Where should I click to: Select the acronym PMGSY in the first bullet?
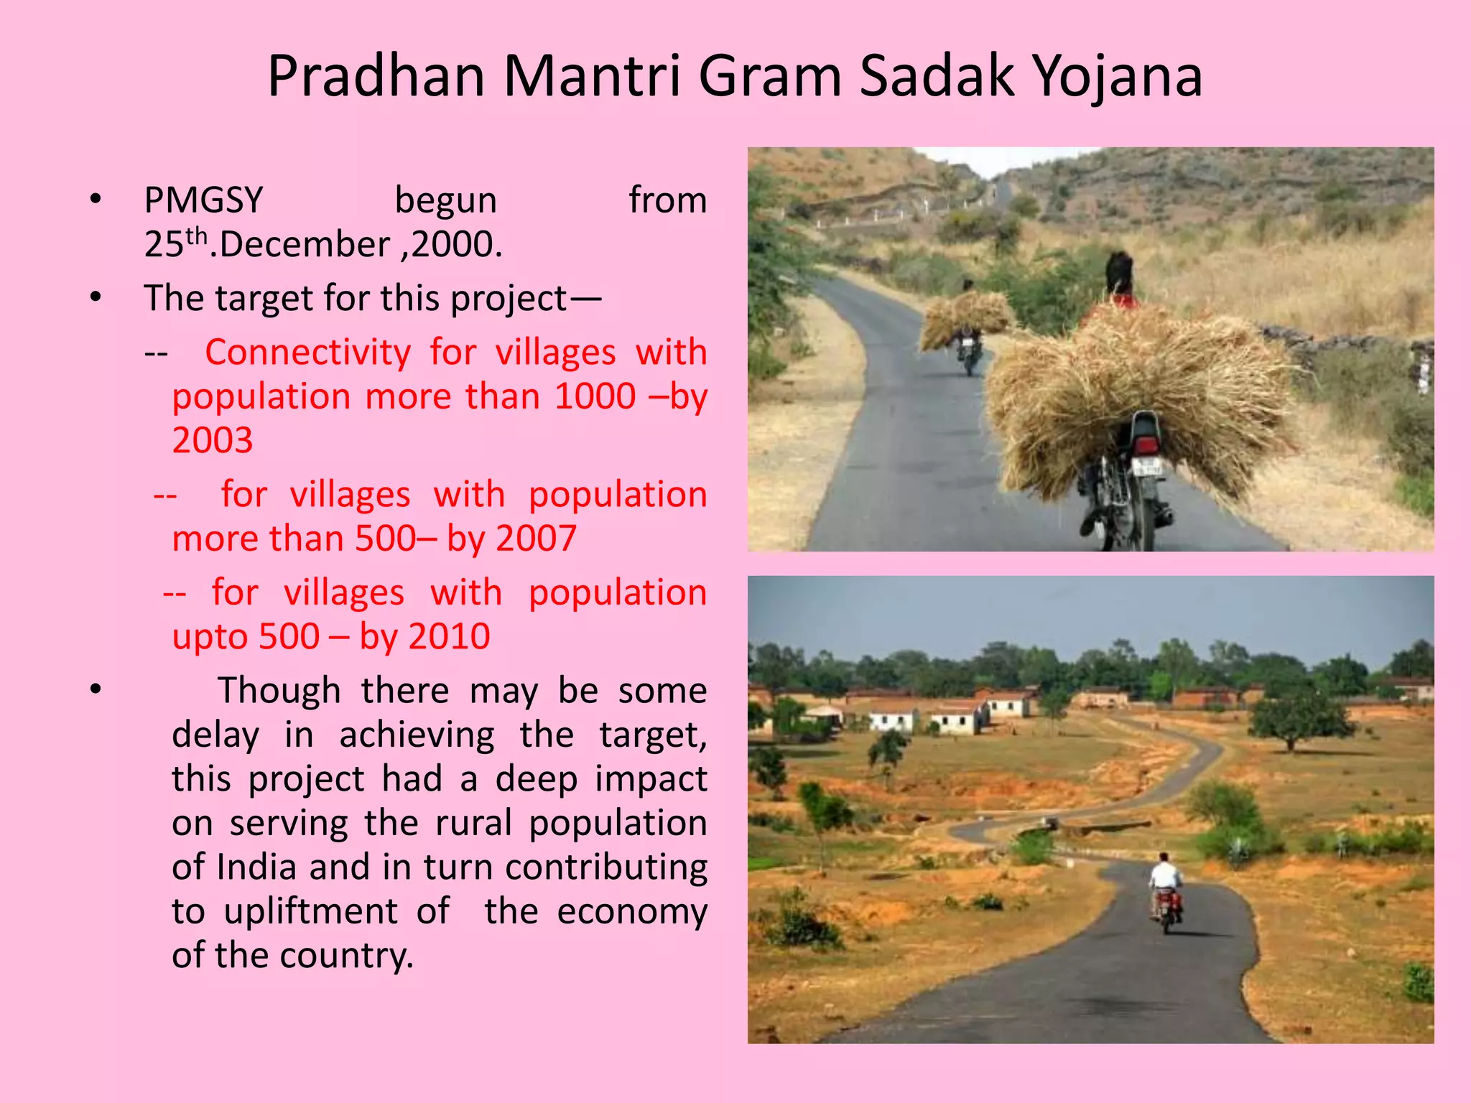point(203,200)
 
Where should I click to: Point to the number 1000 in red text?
point(595,396)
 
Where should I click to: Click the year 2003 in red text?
point(213,440)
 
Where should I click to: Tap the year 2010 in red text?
point(450,637)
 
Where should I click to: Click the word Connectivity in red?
point(307,353)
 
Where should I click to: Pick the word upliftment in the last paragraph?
point(310,911)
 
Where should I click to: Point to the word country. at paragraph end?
point(346,956)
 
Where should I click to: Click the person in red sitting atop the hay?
point(1118,284)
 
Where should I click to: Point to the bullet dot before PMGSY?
point(96,200)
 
